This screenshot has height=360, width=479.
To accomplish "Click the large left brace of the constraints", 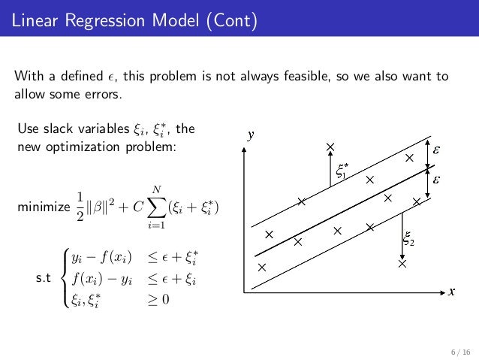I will pyautogui.click(x=65, y=279).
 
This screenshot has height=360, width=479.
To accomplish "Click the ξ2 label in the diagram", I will pyautogui.click(x=409, y=241).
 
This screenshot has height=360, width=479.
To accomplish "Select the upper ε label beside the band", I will pyautogui.click(x=437, y=150).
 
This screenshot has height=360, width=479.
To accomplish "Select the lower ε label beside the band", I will pyautogui.click(x=437, y=180).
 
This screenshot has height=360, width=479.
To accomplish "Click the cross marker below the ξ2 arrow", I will pyautogui.click(x=402, y=264).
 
